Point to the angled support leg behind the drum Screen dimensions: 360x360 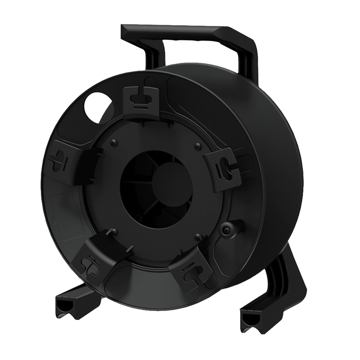[x=287, y=278]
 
